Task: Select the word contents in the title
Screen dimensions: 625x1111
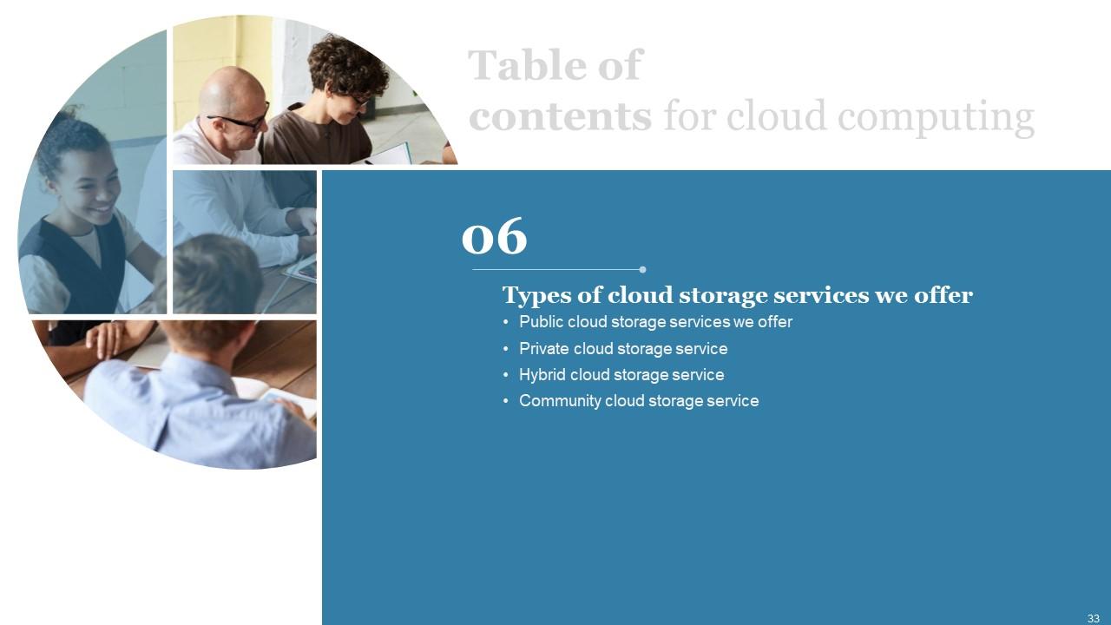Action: click(x=560, y=116)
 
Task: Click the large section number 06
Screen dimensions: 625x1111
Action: click(x=494, y=236)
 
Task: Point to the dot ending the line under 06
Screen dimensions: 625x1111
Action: click(x=642, y=269)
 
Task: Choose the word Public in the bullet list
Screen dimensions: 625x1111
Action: click(x=541, y=322)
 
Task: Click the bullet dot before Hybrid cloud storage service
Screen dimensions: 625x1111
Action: click(x=506, y=376)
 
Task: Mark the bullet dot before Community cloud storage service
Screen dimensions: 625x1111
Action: click(x=506, y=402)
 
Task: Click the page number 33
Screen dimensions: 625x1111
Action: click(x=1093, y=618)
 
